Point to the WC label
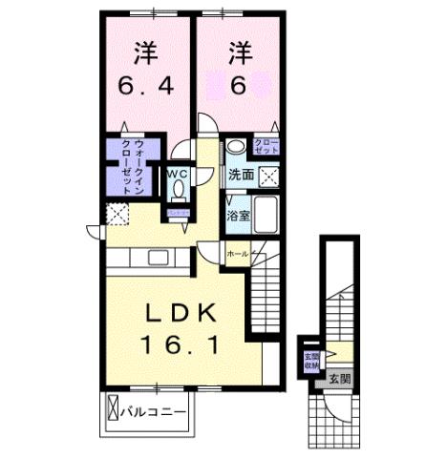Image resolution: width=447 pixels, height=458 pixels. [x=179, y=175]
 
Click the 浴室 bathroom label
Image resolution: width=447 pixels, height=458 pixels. [x=239, y=216]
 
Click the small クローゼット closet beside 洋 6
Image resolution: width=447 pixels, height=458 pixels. [x=266, y=147]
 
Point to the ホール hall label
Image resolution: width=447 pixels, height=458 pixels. [x=237, y=254]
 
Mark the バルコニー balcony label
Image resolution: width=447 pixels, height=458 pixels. [x=152, y=412]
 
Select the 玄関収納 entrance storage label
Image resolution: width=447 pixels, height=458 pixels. [x=312, y=360]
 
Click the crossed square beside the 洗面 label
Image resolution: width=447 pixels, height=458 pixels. [x=269, y=177]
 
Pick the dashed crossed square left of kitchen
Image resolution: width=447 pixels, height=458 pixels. [x=117, y=214]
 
